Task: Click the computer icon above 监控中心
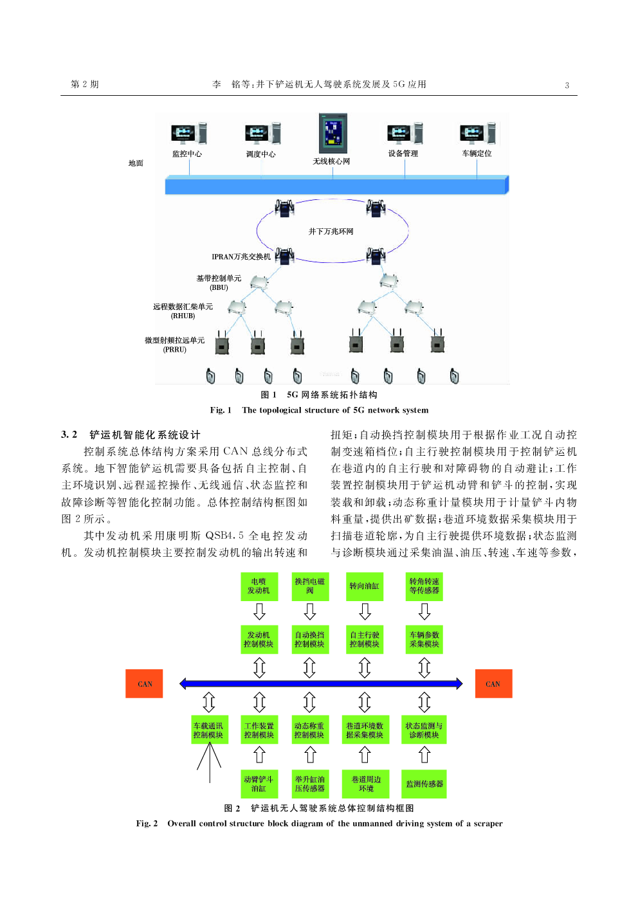(x=188, y=133)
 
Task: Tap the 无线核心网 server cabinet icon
(x=333, y=133)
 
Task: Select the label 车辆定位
(x=477, y=154)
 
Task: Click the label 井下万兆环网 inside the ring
(x=331, y=231)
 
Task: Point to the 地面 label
(x=136, y=163)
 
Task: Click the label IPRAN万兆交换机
(x=241, y=257)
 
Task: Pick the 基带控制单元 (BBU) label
(x=219, y=283)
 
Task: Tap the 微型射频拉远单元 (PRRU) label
(x=174, y=345)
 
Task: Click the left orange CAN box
(x=144, y=683)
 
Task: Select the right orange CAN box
(x=493, y=683)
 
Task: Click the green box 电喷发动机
(x=259, y=586)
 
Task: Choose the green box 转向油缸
(x=364, y=586)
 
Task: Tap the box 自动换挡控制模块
(x=309, y=640)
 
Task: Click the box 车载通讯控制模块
(x=208, y=730)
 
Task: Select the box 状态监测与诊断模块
(x=424, y=730)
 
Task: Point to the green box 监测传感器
(x=424, y=784)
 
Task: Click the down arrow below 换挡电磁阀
(x=310, y=611)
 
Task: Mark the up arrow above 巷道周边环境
(x=365, y=755)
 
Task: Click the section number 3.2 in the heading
(x=69, y=435)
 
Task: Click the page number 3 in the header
(x=567, y=86)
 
